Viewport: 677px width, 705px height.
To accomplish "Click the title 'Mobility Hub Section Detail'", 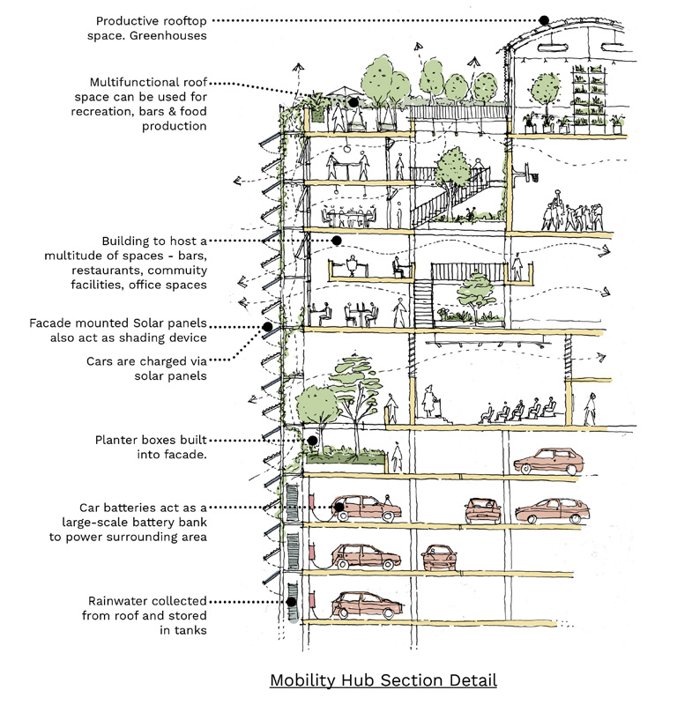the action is (383, 679).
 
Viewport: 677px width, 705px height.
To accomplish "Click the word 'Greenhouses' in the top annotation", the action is (167, 35).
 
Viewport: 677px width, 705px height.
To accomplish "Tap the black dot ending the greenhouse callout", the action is (544, 20).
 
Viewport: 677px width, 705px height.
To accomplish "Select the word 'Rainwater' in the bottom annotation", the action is (116, 601).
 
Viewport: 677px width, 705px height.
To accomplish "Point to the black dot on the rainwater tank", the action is (292, 602).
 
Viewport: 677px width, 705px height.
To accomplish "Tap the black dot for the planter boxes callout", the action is (312, 440).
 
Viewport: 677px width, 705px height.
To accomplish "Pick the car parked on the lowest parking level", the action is (367, 605).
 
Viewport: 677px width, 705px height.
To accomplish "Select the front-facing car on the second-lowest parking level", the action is (439, 557).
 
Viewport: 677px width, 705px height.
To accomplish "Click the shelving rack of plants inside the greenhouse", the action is (589, 100).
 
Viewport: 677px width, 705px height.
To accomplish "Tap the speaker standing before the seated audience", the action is (429, 401).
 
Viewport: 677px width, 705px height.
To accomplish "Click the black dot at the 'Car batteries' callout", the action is (339, 508).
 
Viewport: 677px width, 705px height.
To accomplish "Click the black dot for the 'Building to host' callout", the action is (337, 241).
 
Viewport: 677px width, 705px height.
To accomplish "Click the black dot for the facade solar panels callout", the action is (267, 327).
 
